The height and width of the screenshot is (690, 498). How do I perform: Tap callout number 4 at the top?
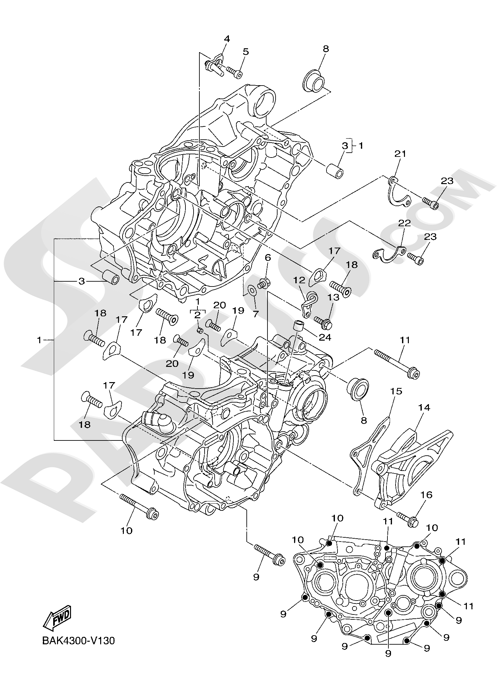pyautogui.click(x=227, y=39)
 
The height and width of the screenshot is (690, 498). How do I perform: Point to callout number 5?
pyautogui.click(x=246, y=52)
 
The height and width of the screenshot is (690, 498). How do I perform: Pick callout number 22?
pyautogui.click(x=404, y=223)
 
